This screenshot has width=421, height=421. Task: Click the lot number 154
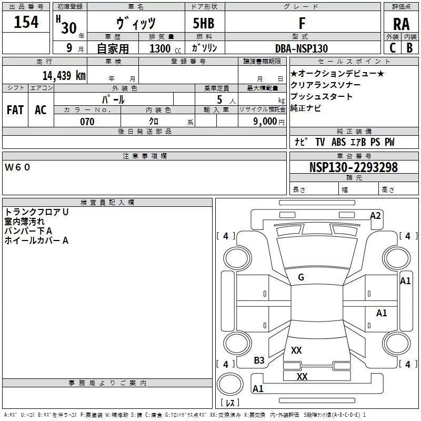pos(26,22)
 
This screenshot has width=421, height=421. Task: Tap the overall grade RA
pos(401,24)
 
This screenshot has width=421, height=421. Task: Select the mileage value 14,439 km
pos(64,75)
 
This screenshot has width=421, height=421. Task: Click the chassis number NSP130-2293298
pos(353,167)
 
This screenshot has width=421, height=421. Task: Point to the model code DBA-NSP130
pos(301,48)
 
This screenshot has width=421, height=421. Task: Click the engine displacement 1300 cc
pos(165,48)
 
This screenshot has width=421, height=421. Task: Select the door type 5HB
pos(204,23)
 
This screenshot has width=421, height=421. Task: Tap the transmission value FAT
pos(15,110)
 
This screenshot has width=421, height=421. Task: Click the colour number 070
pos(87,122)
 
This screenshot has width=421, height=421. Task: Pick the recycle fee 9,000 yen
pos(268,122)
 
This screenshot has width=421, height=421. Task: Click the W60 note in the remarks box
pos(17,167)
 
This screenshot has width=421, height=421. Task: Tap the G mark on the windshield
pos(301,277)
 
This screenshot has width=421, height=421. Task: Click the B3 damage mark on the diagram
pos(259,360)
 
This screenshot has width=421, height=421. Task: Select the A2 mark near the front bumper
pos(375,216)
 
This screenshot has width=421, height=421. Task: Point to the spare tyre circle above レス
pos(230,384)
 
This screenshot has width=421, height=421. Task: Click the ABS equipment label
pos(338,142)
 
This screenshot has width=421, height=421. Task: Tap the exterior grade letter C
pos(393,48)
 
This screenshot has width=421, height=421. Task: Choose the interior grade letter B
pos(409,48)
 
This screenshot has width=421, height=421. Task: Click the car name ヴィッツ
pos(136,23)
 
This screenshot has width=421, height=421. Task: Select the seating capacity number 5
pos(219,99)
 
